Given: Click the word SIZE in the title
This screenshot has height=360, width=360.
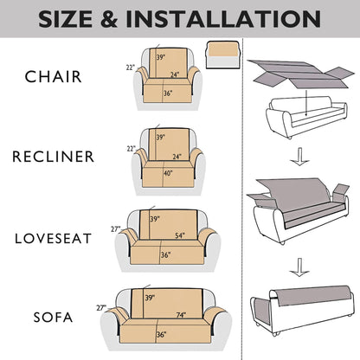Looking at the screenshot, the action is click(x=67, y=19).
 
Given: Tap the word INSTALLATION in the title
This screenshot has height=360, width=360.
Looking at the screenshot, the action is click(x=223, y=19).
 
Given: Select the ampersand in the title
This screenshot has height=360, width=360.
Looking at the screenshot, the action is click(x=110, y=19).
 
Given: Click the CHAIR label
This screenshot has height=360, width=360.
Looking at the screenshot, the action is click(x=54, y=77).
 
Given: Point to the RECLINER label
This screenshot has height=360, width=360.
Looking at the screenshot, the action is click(x=54, y=157).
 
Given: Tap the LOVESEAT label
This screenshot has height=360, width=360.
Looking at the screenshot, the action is click(x=54, y=239).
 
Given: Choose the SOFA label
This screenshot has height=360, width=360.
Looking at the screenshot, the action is click(x=53, y=318).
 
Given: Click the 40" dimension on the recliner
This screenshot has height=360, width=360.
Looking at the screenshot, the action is click(x=168, y=173).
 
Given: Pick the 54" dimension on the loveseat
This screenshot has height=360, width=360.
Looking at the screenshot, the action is click(x=180, y=235).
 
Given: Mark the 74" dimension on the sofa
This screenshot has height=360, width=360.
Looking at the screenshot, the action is click(x=181, y=315).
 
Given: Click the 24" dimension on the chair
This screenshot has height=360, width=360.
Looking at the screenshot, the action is click(x=175, y=74).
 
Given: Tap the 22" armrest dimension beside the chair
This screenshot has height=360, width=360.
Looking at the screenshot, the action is click(x=131, y=67).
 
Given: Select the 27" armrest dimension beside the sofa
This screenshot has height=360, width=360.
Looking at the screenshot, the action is click(x=101, y=308).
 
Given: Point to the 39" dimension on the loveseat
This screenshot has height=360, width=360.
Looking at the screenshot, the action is click(x=155, y=219).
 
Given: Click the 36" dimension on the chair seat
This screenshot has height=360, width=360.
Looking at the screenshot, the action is click(x=168, y=93).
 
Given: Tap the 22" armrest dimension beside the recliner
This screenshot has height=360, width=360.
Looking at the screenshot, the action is click(x=132, y=149).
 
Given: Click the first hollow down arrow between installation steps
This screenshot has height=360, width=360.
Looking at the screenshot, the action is click(x=299, y=157).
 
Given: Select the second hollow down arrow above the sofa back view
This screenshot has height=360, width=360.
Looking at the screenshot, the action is click(x=299, y=267).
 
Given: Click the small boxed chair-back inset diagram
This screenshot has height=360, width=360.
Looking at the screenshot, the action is click(x=222, y=55).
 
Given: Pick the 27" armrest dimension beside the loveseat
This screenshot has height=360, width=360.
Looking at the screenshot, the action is click(x=116, y=229).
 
